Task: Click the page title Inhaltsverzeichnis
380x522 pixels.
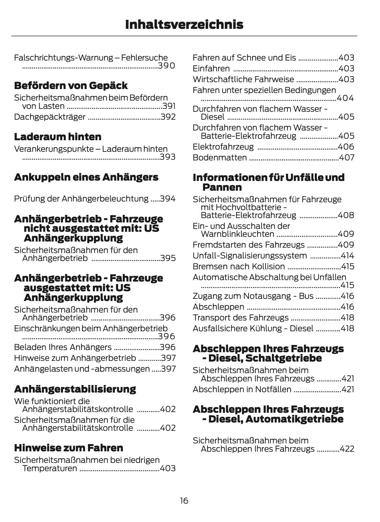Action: (x=184, y=25)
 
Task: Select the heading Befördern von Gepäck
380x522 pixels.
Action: (x=71, y=85)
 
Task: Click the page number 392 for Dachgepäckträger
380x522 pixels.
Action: (x=168, y=117)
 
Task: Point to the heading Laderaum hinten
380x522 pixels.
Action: (x=58, y=137)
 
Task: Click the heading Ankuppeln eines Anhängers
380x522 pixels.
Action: (x=86, y=177)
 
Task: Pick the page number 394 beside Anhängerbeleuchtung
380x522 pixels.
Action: (x=168, y=199)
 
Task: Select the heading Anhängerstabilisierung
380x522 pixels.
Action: (x=75, y=389)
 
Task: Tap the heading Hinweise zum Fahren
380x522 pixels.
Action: (x=68, y=448)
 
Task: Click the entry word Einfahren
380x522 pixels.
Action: (x=211, y=68)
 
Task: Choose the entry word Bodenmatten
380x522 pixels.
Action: (x=220, y=158)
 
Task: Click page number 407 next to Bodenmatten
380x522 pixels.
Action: (x=347, y=158)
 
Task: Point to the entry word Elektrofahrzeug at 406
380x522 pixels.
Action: (x=223, y=147)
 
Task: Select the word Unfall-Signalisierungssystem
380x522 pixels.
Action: (x=250, y=256)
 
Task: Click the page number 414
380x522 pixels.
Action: (x=348, y=256)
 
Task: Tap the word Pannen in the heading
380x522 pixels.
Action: (x=222, y=187)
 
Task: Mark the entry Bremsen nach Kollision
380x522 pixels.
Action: (x=239, y=266)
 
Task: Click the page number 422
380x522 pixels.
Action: (x=347, y=449)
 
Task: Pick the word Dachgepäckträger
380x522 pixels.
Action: (x=50, y=117)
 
